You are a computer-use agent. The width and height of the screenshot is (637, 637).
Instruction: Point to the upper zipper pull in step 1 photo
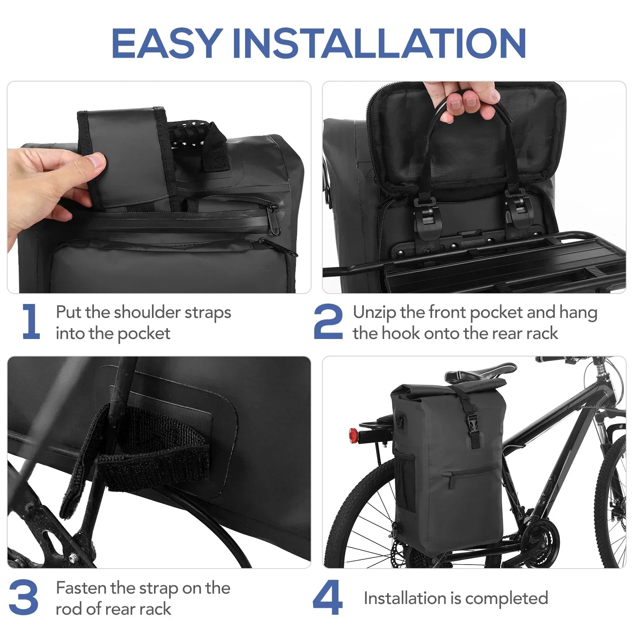click(273, 215)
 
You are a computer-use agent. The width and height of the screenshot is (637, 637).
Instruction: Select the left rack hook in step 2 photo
click(424, 215)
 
